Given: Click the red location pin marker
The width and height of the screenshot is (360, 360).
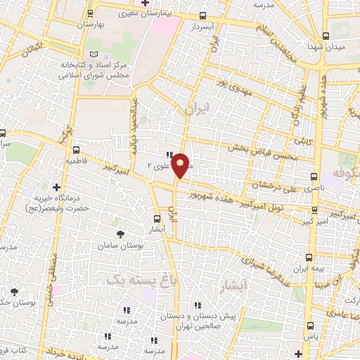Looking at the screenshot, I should [x=180, y=165].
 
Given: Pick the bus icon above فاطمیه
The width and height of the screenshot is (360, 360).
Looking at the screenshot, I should [x=76, y=148].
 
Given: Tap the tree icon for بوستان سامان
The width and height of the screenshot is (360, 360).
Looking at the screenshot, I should [x=122, y=232].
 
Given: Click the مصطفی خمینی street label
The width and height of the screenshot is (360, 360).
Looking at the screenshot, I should [x=51, y=267].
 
